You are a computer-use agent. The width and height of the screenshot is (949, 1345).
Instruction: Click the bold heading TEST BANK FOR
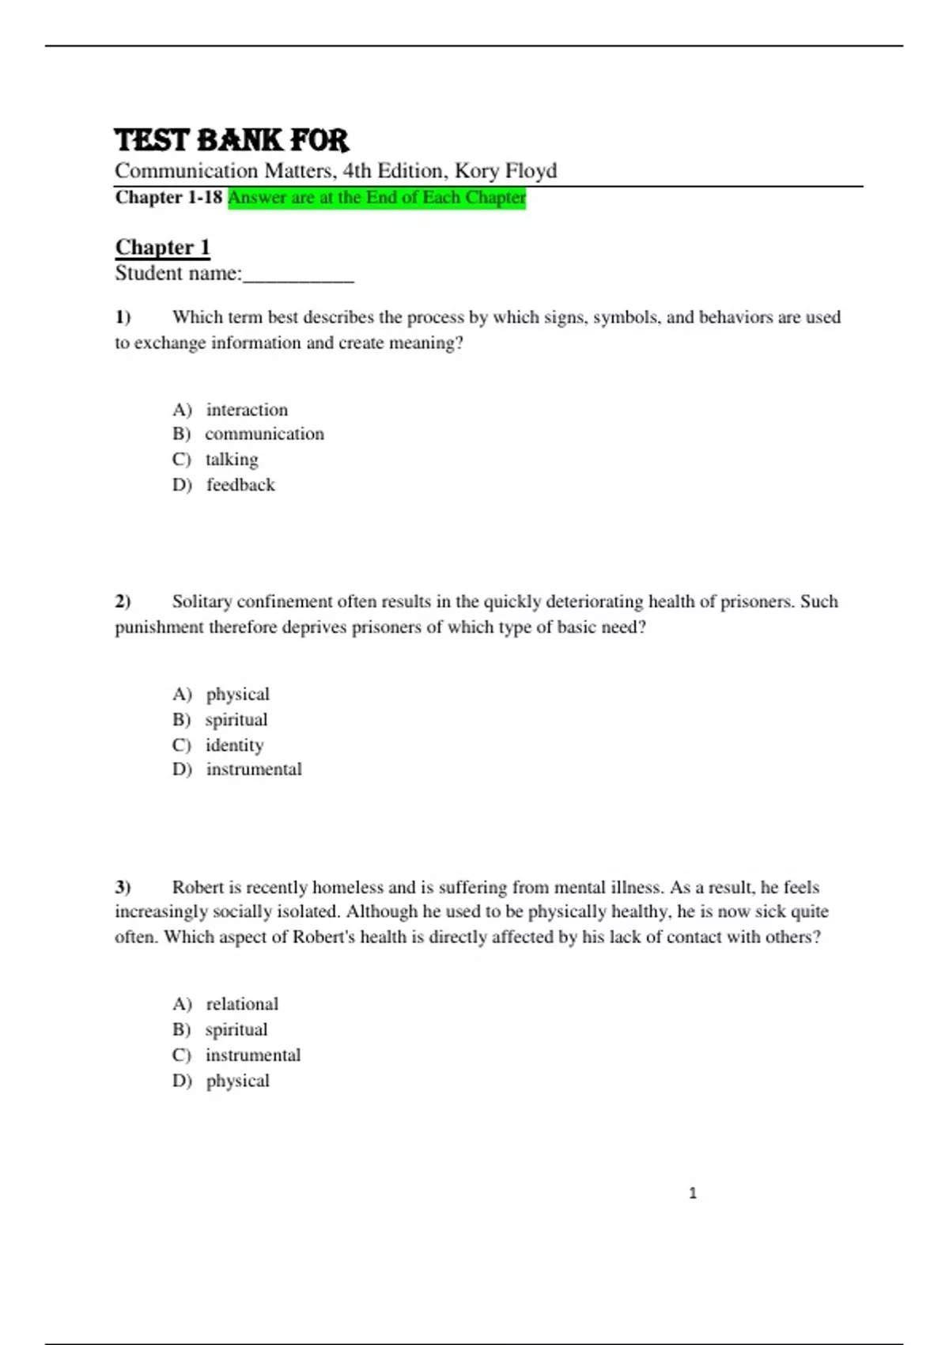point(231,140)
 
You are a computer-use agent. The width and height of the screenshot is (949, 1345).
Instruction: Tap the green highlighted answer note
point(376,198)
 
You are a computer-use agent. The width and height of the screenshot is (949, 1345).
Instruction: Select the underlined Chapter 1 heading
point(162,247)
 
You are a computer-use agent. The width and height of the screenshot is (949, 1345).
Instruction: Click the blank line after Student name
point(298,275)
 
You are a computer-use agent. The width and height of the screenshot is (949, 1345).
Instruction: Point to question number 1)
point(123,317)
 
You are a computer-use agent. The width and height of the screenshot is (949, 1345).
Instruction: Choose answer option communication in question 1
point(264,434)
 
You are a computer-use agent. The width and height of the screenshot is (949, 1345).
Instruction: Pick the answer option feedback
point(240,485)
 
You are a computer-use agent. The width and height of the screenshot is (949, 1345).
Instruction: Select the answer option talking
point(232,460)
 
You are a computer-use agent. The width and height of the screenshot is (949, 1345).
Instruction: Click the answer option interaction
point(247,410)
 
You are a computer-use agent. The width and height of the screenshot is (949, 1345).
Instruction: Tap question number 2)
point(123,601)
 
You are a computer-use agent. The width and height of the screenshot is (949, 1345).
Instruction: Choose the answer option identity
point(234,745)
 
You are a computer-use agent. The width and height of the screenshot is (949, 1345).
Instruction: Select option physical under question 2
point(237,694)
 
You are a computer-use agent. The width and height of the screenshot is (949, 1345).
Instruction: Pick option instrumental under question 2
point(254,769)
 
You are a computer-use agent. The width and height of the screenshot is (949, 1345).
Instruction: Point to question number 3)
point(123,887)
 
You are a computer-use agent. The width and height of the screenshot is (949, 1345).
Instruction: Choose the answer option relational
point(242,1004)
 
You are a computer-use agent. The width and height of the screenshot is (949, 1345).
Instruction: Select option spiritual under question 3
point(236,1029)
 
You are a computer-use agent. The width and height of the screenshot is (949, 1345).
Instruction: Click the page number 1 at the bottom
point(693,1193)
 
